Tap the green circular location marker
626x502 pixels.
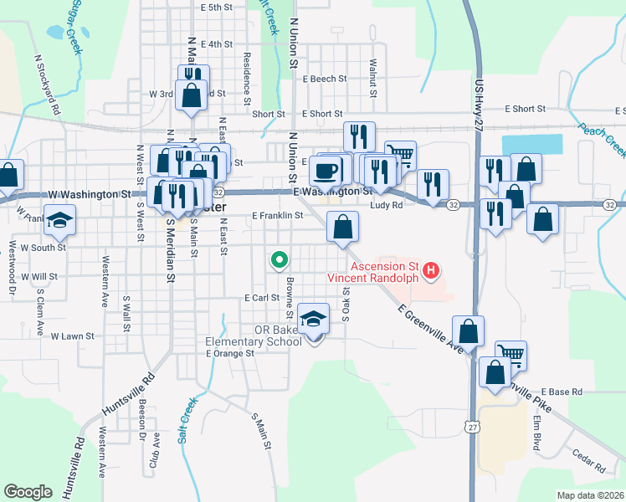278,259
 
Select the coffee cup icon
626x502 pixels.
326,171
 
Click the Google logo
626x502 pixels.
28,491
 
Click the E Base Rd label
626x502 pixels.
561,392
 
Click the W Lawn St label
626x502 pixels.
72,336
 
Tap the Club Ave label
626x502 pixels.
154,453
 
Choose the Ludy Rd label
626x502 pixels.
386,204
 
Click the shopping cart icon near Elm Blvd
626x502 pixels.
511,355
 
